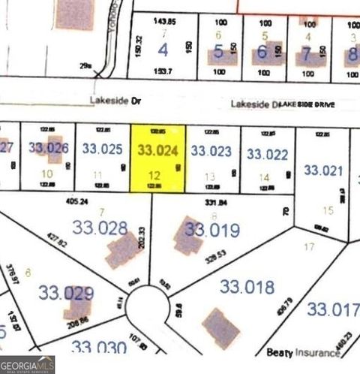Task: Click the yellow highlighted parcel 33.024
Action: point(158,158)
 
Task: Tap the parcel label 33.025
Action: point(101,149)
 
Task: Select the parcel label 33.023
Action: point(211,150)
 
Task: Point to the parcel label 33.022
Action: point(267,155)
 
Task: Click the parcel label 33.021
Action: point(325,170)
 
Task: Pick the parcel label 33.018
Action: point(247,286)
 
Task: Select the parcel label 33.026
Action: point(49,148)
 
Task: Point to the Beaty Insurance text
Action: point(298,351)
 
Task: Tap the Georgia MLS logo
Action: point(28,366)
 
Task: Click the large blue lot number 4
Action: point(163,51)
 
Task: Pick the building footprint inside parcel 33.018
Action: point(220,328)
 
